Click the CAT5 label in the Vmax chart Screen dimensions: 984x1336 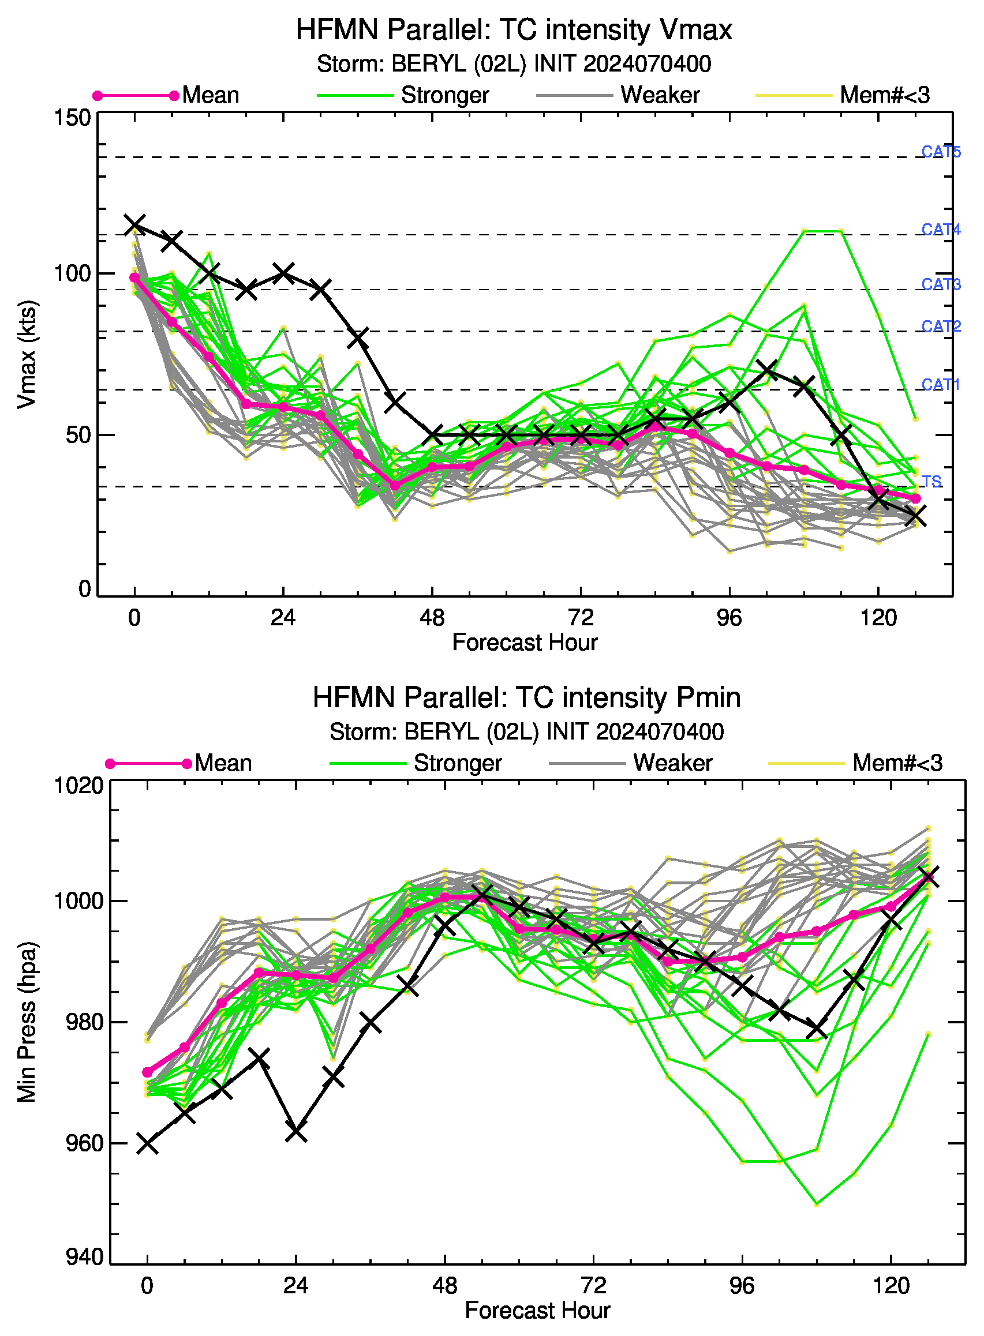[x=941, y=152]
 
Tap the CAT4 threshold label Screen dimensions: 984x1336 [x=941, y=229]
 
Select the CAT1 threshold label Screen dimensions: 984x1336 [x=941, y=385]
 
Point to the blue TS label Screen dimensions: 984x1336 [x=931, y=481]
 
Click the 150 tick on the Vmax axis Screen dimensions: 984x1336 [x=72, y=118]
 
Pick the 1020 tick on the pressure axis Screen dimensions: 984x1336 [x=78, y=786]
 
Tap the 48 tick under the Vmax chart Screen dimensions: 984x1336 [x=432, y=618]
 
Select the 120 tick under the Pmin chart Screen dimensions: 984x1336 [x=891, y=1286]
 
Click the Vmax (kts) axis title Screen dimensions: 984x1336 [x=27, y=354]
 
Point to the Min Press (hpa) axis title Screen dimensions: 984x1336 [x=27, y=1021]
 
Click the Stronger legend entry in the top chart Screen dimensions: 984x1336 [x=403, y=95]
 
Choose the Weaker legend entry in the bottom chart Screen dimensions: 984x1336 [x=631, y=763]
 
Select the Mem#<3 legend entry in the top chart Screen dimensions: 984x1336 [x=843, y=95]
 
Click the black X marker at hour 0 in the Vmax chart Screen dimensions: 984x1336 [x=134, y=225]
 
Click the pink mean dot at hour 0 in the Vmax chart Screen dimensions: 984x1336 [x=134, y=278]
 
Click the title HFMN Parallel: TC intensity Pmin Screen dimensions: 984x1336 [x=526, y=698]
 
